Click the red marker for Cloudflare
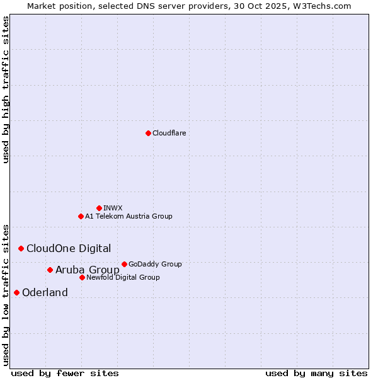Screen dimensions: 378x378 148,133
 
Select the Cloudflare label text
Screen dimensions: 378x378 169,133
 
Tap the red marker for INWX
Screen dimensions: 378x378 99,208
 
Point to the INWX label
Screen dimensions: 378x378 113,208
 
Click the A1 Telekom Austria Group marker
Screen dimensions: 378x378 81,216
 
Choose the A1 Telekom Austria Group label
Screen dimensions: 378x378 129,216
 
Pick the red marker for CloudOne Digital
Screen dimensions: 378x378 21,248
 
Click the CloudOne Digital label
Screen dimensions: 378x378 69,248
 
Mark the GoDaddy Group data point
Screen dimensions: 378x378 124,264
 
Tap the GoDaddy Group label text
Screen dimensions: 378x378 155,264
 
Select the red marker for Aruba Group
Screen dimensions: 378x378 50,270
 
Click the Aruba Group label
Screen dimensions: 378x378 88,270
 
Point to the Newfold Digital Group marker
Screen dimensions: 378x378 82,277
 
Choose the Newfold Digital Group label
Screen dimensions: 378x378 123,277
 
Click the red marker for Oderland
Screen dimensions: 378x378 16,292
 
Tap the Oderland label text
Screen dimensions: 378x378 45,292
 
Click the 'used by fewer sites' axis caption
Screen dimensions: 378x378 65,373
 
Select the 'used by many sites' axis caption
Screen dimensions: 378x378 316,373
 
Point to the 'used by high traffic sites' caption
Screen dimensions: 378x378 6,89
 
